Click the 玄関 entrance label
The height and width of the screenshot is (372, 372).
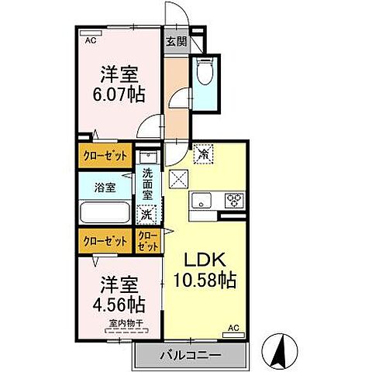[x=176, y=42]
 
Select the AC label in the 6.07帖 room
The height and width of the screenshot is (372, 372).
[x=91, y=40]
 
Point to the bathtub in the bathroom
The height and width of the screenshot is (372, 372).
[x=105, y=212]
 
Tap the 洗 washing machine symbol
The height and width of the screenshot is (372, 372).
[x=146, y=215]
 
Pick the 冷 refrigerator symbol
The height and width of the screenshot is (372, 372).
[x=204, y=155]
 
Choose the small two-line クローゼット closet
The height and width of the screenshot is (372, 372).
[x=148, y=240]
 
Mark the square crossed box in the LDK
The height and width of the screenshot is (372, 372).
[x=177, y=177]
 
